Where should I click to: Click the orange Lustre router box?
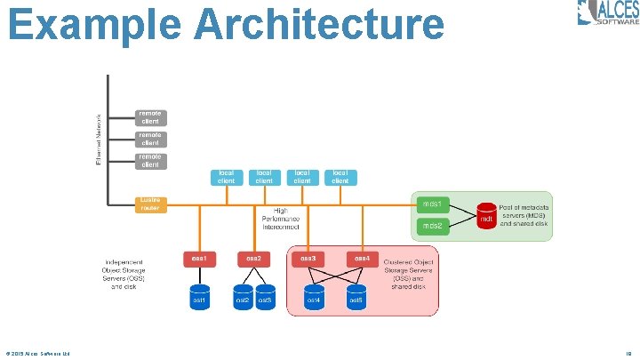(150, 204)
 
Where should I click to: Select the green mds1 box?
(432, 204)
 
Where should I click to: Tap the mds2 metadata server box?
(432, 226)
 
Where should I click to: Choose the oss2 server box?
(253, 259)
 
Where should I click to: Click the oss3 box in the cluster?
(308, 259)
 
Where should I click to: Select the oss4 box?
(363, 259)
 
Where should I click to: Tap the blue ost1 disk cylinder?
(199, 297)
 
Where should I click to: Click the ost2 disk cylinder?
(242, 297)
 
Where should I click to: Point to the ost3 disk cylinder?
(265, 297)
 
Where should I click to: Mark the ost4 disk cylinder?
(314, 297)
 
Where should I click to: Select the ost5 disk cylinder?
(356, 297)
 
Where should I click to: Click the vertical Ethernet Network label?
(99, 139)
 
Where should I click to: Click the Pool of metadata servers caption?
(524, 214)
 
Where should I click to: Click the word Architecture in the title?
(320, 24)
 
